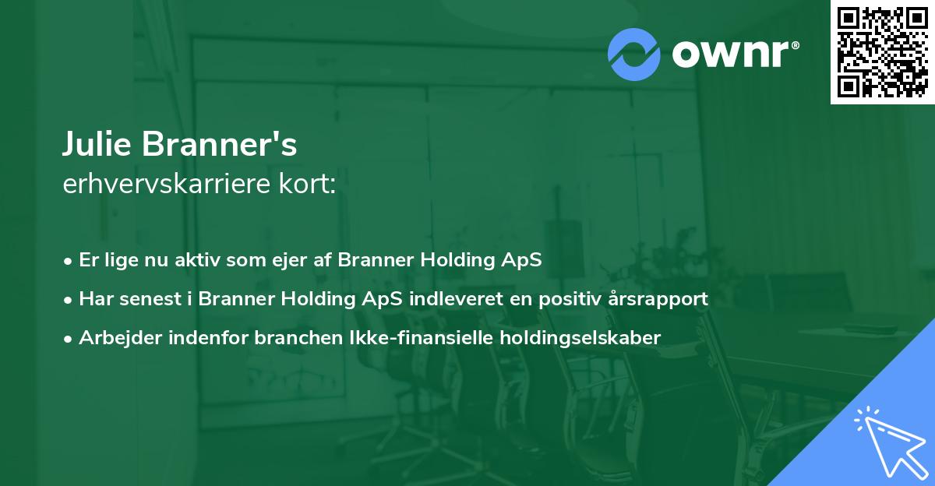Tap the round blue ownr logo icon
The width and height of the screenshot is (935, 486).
[x=634, y=54]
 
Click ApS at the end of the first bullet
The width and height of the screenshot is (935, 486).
[x=524, y=260]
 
